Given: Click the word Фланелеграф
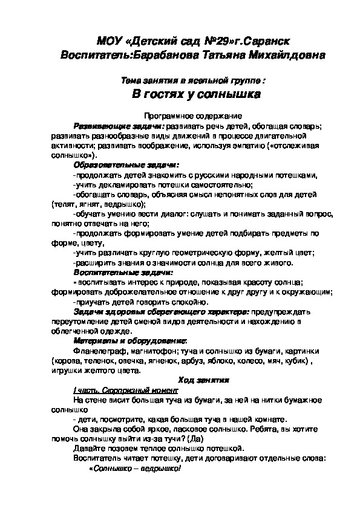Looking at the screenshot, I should pyautogui.click(x=96, y=351).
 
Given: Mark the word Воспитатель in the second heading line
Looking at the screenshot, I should pyautogui.click(x=96, y=55).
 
